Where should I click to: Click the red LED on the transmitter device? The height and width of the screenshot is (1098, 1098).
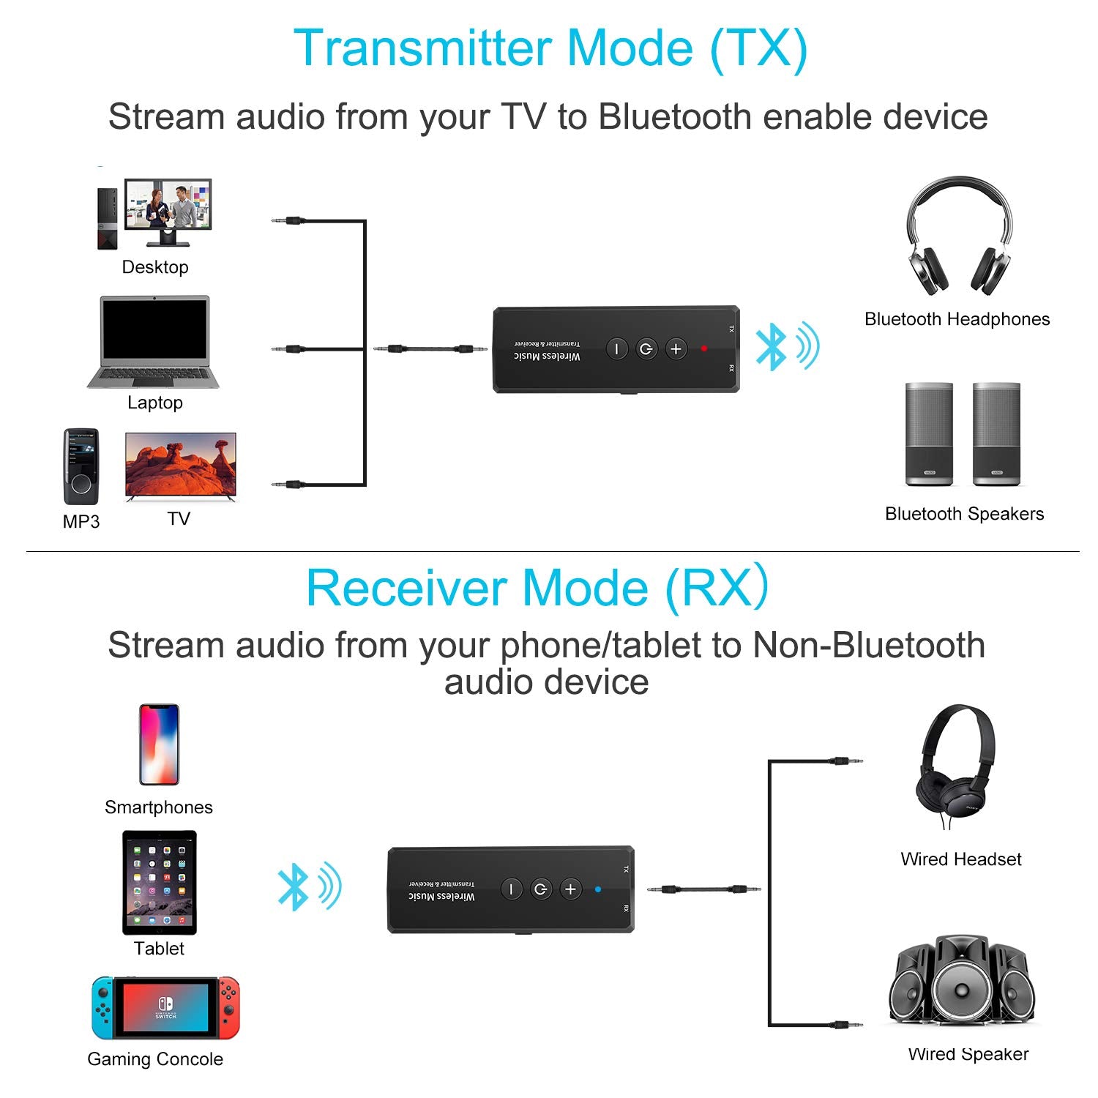pyautogui.click(x=704, y=348)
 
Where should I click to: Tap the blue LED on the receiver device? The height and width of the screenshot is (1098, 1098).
pyautogui.click(x=598, y=889)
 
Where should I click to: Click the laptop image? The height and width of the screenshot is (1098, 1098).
pyautogui.click(x=154, y=342)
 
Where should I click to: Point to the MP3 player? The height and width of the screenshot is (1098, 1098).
pyautogui.click(x=81, y=467)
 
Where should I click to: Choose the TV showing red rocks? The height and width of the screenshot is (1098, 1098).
pyautogui.click(x=181, y=466)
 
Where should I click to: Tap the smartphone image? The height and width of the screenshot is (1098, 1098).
pyautogui.click(x=159, y=744)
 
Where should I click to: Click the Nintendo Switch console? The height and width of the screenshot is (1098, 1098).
pyautogui.click(x=165, y=1007)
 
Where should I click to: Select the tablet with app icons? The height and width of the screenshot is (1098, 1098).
pyautogui.click(x=160, y=882)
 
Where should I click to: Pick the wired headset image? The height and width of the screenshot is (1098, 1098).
pyautogui.click(x=955, y=765)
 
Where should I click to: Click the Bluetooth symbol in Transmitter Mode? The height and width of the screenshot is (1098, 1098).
pyautogui.click(x=772, y=347)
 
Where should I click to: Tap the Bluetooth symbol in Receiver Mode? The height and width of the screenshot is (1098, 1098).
pyautogui.click(x=294, y=887)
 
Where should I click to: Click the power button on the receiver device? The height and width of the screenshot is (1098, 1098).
pyautogui.click(x=540, y=889)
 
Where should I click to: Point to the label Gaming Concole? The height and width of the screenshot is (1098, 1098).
pyautogui.click(x=155, y=1058)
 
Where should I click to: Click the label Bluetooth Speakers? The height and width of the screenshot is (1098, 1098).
pyautogui.click(x=964, y=513)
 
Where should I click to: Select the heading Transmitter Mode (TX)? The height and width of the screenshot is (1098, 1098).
pyautogui.click(x=550, y=48)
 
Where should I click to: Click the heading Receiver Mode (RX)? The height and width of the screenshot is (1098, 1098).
pyautogui.click(x=537, y=588)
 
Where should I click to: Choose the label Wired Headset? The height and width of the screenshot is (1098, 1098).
pyautogui.click(x=960, y=859)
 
